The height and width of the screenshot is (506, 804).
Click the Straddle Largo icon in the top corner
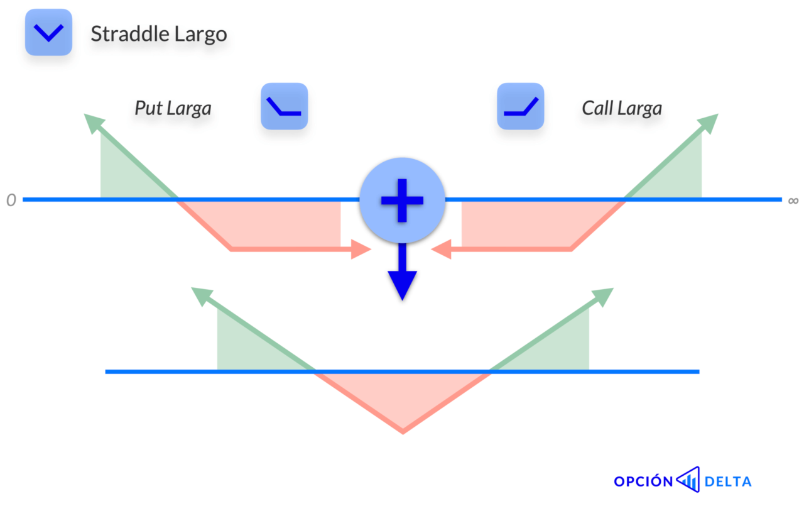[x=48, y=32]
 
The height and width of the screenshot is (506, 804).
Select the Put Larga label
[x=173, y=108]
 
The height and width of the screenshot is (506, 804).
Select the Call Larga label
[x=622, y=108]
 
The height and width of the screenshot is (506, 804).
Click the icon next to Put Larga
[x=285, y=107]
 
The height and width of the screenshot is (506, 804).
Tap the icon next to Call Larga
[x=521, y=107]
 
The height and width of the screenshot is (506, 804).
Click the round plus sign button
[x=402, y=200]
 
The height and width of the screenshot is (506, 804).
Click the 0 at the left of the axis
[x=11, y=201]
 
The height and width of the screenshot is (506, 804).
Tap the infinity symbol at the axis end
[x=793, y=201]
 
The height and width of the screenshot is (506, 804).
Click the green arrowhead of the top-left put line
[x=92, y=123]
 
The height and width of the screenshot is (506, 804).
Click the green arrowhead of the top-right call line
[x=709, y=123]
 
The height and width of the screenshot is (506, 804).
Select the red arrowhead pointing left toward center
[x=442, y=250]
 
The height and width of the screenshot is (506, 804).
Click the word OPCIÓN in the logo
[x=643, y=482]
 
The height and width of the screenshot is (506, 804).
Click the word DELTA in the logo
[x=728, y=482]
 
